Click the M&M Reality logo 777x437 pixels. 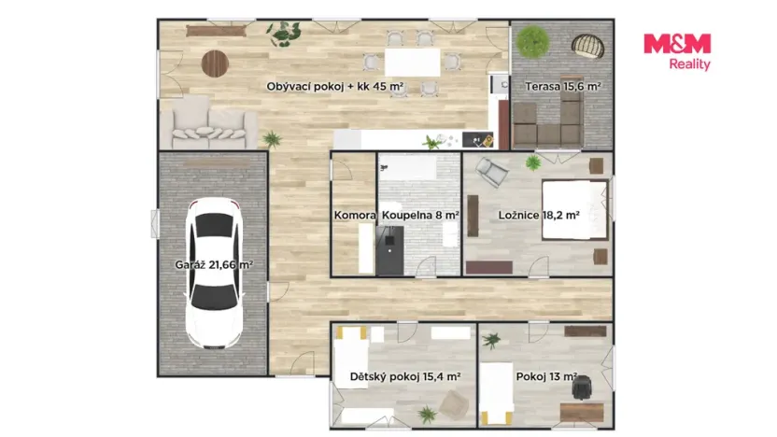click(x=677, y=51)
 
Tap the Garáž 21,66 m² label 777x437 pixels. click(x=214, y=264)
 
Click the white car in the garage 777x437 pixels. click(x=214, y=273)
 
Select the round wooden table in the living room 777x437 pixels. click(x=215, y=63)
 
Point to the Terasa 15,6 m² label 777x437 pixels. click(x=563, y=86)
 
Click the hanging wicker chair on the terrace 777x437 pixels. click(x=588, y=46)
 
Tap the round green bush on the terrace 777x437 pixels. click(x=532, y=42)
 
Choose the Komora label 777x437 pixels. click(x=355, y=216)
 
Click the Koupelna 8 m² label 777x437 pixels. click(x=420, y=216)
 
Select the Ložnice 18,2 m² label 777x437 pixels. click(x=539, y=215)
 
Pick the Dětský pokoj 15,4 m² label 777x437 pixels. click(x=405, y=376)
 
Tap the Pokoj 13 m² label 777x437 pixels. click(x=546, y=376)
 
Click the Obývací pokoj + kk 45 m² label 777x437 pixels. click(x=335, y=87)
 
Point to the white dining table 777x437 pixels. click(x=412, y=62)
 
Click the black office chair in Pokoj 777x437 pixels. click(x=582, y=387)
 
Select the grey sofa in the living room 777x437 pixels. click(x=208, y=122)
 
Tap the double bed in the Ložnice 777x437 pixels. click(x=575, y=209)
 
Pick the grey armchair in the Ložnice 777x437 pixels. click(x=491, y=172)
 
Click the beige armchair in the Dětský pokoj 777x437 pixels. click(x=454, y=404)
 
